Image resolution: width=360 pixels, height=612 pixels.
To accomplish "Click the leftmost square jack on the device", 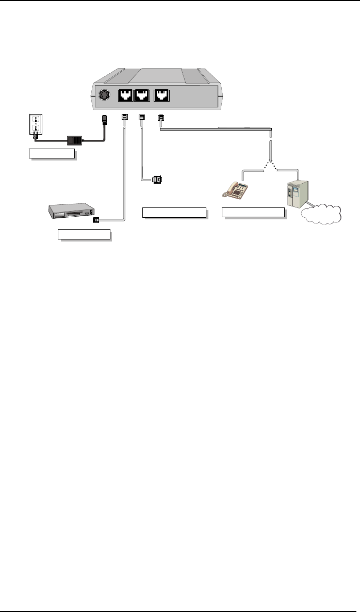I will coord(125,95).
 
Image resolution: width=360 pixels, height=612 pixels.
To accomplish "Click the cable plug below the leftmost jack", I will coord(124,118).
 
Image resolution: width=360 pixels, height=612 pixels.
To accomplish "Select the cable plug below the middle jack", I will coord(142,118).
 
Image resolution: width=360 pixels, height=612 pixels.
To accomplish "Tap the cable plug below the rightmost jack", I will coord(161,118).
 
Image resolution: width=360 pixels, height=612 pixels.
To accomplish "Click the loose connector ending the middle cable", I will coord(157,180).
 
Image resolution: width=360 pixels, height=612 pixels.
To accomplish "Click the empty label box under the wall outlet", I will coord(52,153).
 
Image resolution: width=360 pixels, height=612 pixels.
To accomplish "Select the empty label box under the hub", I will coord(84,235).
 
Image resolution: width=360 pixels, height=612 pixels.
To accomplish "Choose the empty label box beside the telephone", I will coord(253,212).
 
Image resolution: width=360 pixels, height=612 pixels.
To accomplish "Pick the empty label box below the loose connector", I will coord(174,212).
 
